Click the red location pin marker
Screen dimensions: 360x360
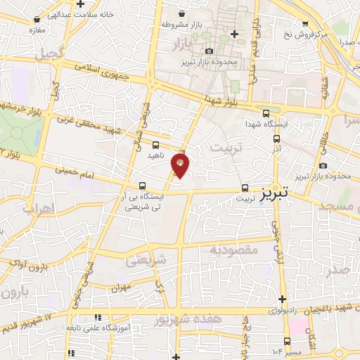[180, 165]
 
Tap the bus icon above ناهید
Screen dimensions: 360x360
[155, 144]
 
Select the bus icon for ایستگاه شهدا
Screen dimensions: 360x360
[265, 112]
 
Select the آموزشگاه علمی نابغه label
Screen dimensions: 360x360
[74, 328]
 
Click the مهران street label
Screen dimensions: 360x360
[121, 288]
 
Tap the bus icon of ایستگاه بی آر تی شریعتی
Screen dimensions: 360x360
[143, 187]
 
